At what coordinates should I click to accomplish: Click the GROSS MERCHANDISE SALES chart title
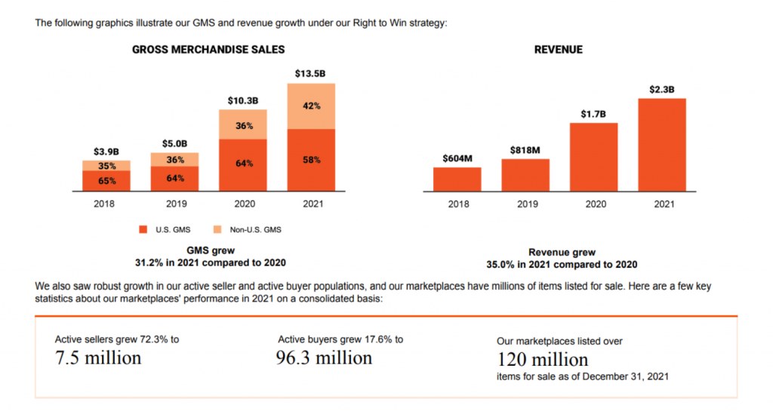click(208, 50)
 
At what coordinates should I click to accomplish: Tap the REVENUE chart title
click(558, 50)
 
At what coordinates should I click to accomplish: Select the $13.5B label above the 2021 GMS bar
click(311, 74)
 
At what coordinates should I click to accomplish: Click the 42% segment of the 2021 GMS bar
click(311, 106)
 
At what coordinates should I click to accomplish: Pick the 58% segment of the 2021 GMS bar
click(311, 160)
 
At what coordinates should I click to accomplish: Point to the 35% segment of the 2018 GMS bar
click(106, 166)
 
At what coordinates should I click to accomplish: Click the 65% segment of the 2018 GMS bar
click(106, 181)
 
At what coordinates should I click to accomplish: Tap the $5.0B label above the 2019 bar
click(174, 144)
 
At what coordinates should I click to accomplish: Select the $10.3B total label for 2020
click(243, 100)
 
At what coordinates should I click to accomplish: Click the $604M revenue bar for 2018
click(457, 179)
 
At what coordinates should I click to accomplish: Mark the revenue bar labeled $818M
click(525, 175)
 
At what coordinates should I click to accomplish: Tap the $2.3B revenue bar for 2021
click(662, 145)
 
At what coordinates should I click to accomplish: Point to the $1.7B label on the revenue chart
click(593, 113)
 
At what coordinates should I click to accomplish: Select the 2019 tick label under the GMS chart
click(174, 204)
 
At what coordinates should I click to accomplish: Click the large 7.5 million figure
click(98, 358)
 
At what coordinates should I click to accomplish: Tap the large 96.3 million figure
click(324, 358)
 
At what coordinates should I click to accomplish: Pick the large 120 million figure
click(543, 360)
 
